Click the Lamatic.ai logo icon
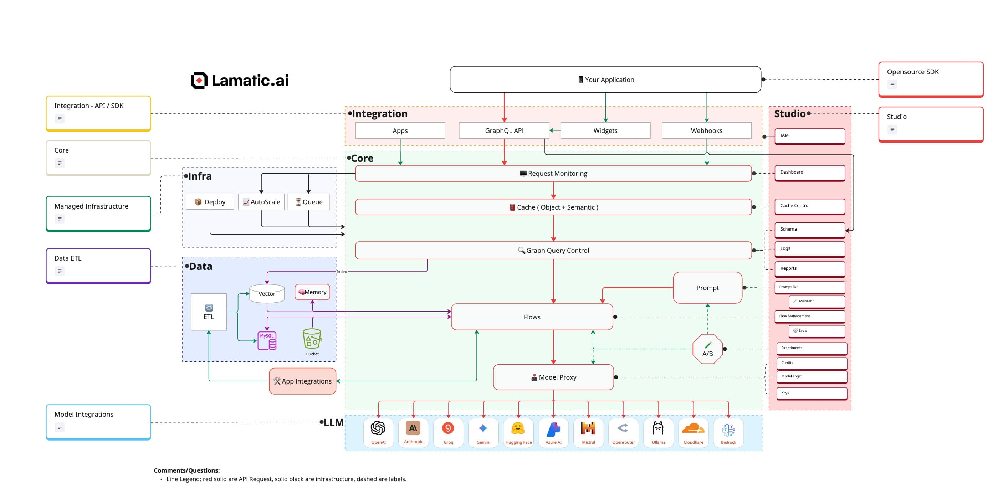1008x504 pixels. (199, 80)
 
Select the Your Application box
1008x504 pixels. (605, 79)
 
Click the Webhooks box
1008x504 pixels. (706, 130)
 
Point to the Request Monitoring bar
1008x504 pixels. (553, 173)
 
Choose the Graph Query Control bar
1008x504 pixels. (553, 251)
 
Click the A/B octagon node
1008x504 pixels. (707, 349)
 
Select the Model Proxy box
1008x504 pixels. (553, 377)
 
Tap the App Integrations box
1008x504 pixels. (302, 381)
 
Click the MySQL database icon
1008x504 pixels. (267, 340)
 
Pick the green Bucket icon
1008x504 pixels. (312, 339)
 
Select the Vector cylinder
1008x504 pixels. (266, 293)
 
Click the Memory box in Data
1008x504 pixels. (312, 292)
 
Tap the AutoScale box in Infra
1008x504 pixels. (261, 202)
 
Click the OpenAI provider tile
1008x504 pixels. (378, 432)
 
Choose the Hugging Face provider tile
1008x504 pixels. (518, 432)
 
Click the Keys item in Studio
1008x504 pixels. (811, 393)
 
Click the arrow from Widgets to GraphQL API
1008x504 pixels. (554, 130)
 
